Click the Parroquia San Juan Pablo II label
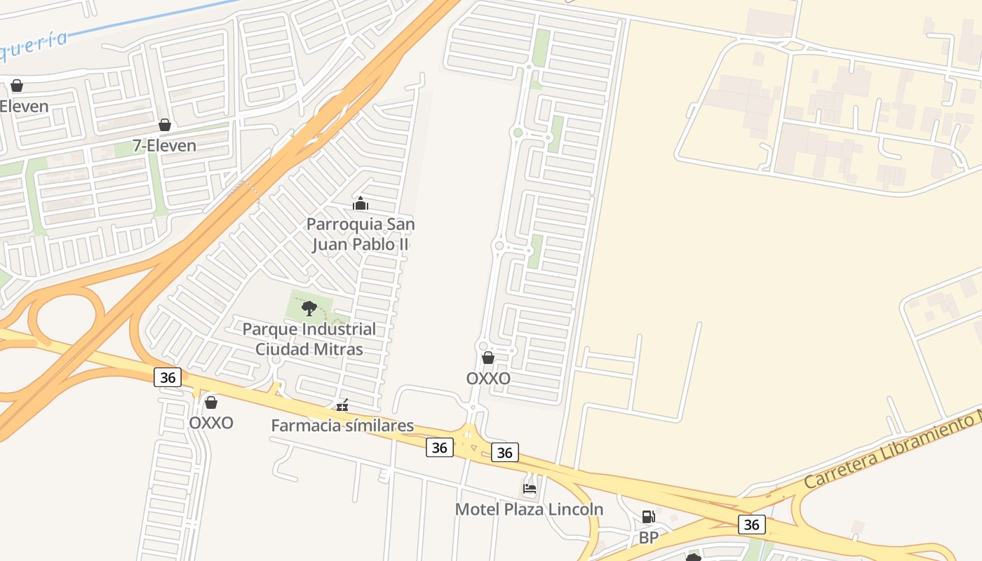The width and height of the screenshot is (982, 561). (361, 234)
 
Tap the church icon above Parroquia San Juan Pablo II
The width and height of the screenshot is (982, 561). (361, 204)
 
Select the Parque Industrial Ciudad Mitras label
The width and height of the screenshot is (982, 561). (309, 339)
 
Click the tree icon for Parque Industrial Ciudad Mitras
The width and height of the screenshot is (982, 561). (309, 308)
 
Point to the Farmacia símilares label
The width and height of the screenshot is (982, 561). (342, 426)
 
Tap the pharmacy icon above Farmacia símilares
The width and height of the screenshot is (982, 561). (342, 405)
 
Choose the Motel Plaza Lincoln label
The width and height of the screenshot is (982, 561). (529, 509)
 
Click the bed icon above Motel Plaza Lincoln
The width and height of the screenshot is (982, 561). (530, 488)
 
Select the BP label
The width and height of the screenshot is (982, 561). (648, 538)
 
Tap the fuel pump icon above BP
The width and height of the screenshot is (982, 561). (648, 518)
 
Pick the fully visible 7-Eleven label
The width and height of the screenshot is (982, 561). (165, 146)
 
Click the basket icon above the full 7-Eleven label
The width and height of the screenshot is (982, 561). (165, 125)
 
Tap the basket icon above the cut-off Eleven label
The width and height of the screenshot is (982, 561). (17, 86)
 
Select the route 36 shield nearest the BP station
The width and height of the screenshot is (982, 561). (751, 525)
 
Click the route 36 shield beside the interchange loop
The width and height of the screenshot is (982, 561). (168, 377)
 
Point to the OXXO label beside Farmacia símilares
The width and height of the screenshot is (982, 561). (210, 424)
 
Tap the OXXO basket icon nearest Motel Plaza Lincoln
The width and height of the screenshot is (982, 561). (488, 358)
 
